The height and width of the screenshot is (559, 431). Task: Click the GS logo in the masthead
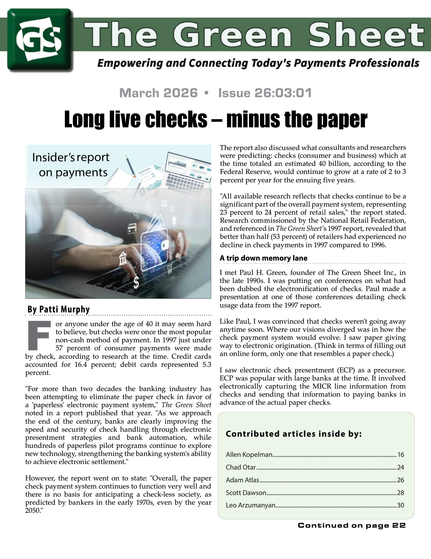click(40, 40)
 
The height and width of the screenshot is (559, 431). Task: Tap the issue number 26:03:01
click(265, 93)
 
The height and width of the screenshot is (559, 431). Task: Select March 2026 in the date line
click(158, 93)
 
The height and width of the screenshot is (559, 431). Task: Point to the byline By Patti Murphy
click(59, 309)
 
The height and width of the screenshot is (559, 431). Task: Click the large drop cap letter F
click(39, 335)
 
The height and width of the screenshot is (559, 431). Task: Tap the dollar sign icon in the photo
click(136, 283)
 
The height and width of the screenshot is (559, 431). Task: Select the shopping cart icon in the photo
click(169, 268)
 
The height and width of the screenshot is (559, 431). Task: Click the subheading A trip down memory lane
click(264, 258)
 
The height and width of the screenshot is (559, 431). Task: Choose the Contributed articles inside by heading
click(294, 434)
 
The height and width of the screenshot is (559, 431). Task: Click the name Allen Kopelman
click(249, 455)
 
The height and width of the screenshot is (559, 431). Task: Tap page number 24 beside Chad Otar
click(401, 467)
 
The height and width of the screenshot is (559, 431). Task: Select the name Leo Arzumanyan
click(251, 505)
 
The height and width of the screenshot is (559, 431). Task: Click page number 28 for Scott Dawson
click(401, 493)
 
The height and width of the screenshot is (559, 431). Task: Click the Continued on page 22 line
click(352, 525)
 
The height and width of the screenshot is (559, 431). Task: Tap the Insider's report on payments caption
click(71, 165)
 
